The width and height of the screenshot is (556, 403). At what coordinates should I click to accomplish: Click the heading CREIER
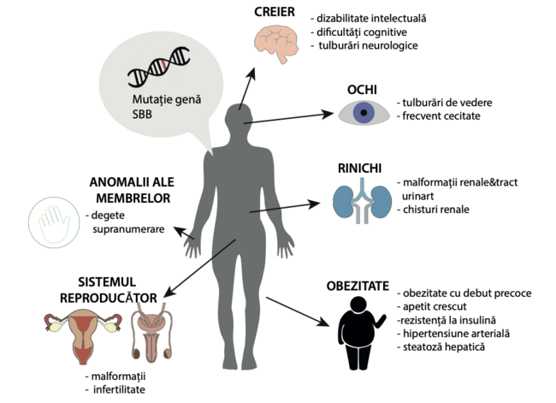click(x=275, y=11)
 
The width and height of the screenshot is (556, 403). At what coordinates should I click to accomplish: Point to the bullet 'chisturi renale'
click(x=436, y=209)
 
